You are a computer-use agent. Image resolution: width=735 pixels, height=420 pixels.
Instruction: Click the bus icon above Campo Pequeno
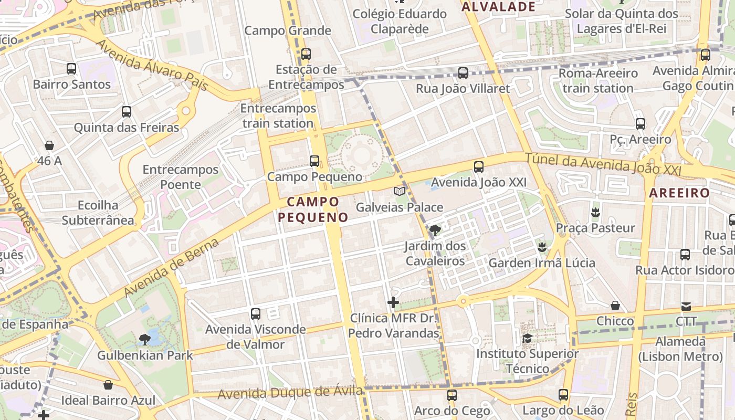pyautogui.click(x=314, y=161)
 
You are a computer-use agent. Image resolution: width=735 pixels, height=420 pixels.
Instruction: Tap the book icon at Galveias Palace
pyautogui.click(x=400, y=191)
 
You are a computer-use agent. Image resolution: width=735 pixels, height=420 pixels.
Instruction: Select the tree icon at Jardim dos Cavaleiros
pyautogui.click(x=435, y=230)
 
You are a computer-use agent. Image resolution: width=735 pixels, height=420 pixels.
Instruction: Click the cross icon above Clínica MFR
pyautogui.click(x=393, y=302)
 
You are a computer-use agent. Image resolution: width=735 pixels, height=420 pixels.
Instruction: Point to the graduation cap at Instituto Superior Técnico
pyautogui.click(x=527, y=338)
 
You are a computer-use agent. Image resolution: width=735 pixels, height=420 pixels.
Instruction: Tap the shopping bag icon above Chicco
pyautogui.click(x=615, y=306)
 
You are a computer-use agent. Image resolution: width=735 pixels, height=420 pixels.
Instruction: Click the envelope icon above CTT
pyautogui.click(x=686, y=306)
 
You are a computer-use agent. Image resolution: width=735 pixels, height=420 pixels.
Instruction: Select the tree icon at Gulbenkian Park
pyautogui.click(x=145, y=340)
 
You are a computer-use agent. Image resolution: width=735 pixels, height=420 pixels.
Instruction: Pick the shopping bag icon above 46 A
pyautogui.click(x=49, y=145)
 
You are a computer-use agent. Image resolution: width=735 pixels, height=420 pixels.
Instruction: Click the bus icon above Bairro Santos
pyautogui.click(x=71, y=68)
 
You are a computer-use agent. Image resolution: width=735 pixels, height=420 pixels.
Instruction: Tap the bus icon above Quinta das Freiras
pyautogui.click(x=127, y=111)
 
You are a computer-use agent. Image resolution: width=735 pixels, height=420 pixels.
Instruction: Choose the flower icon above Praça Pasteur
pyautogui.click(x=595, y=213)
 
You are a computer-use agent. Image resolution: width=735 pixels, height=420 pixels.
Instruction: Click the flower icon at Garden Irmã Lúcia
pyautogui.click(x=542, y=247)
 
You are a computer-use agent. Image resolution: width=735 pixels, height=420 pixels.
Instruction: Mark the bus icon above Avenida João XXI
pyautogui.click(x=478, y=167)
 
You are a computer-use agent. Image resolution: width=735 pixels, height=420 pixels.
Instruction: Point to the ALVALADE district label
pyautogui.click(x=498, y=7)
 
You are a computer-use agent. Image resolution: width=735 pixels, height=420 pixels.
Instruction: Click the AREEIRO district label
pyautogui.click(x=679, y=193)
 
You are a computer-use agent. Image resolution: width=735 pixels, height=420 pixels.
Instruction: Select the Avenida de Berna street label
pyautogui.click(x=171, y=268)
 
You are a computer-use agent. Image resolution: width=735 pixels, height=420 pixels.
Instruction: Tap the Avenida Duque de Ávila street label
pyautogui.click(x=290, y=393)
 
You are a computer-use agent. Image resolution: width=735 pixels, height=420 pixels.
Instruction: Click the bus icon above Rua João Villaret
pyautogui.click(x=463, y=73)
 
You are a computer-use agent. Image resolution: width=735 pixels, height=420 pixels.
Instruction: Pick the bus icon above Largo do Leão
pyautogui.click(x=563, y=395)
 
